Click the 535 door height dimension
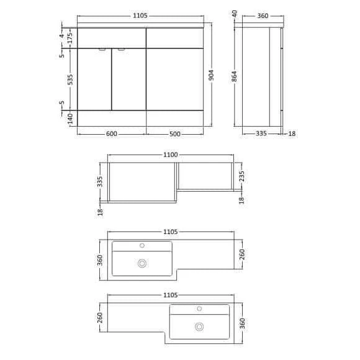click(x=70, y=79)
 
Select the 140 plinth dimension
click(x=70, y=117)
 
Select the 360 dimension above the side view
click(x=263, y=16)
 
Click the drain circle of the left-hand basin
click(x=142, y=263)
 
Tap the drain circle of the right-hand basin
click(x=200, y=326)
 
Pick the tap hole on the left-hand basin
click(x=142, y=245)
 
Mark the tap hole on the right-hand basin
click(x=200, y=308)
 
